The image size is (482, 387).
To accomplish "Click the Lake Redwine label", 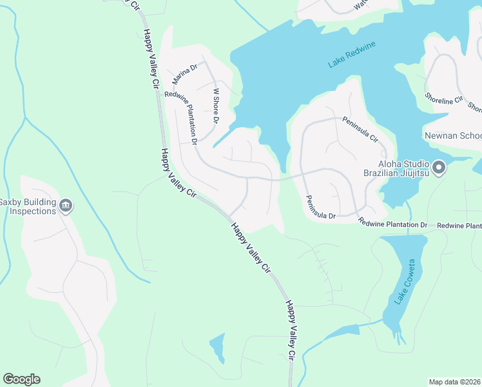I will pyautogui.click(x=352, y=54).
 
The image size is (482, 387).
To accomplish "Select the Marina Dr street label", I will pyautogui.click(x=184, y=74).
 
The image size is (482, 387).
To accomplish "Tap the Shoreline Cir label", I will pyautogui.click(x=444, y=100).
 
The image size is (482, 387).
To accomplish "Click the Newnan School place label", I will pyautogui.click(x=452, y=136).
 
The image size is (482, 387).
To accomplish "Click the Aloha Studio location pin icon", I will pyautogui.click(x=439, y=168).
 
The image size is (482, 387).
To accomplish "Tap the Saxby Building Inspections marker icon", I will pyautogui.click(x=65, y=206).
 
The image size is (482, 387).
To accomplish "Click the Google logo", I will pyautogui.click(x=21, y=379).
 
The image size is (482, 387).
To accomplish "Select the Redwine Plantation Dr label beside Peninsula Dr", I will pyautogui.click(x=393, y=224).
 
